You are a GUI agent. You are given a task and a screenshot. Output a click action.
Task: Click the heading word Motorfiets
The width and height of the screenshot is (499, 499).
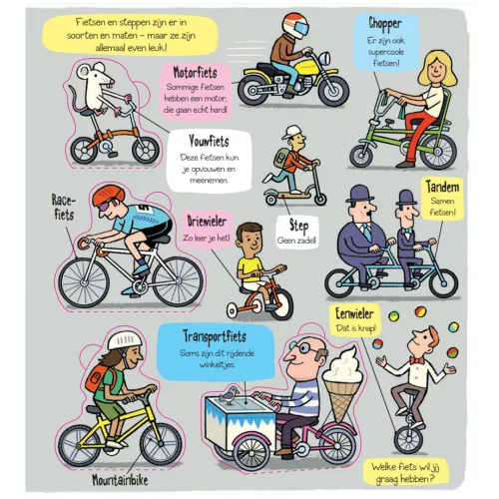coord(195,73)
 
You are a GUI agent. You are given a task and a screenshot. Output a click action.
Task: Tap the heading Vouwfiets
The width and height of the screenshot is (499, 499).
coord(209,141)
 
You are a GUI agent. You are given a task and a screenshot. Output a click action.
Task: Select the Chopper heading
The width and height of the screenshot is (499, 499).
coord(385,24)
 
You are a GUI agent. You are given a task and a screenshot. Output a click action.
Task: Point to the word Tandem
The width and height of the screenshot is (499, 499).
coord(442,187)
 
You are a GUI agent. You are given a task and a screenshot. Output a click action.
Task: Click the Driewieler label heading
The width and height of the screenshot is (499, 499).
coord(207,222)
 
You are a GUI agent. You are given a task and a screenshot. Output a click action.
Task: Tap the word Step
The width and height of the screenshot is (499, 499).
coord(298,227)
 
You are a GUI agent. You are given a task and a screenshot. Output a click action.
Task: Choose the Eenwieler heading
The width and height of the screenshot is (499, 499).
coord(354,313)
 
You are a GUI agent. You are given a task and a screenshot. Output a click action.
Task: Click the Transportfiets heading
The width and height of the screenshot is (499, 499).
coord(215,336)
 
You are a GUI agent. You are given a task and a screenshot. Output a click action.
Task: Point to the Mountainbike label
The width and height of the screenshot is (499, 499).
coord(120,480)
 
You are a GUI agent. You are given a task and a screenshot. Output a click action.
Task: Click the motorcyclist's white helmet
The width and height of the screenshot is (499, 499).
coord(295,26)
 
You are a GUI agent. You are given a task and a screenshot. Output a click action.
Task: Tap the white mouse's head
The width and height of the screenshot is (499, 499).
coord(95,74)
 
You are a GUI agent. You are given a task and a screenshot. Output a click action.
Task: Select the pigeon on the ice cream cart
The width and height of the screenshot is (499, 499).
coord(229,395)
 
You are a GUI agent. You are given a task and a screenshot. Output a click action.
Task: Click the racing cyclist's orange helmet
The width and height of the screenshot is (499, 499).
coord(108,195)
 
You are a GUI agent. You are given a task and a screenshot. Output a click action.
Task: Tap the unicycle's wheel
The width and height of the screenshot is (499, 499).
coord(408,439)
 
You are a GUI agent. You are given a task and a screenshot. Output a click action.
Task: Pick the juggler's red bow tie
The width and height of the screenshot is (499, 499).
coord(417,360)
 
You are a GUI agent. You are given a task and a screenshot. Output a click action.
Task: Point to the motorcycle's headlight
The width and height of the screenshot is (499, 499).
coord(324,59)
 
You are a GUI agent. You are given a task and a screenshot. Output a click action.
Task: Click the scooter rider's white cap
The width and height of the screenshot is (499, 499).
coord(291,132)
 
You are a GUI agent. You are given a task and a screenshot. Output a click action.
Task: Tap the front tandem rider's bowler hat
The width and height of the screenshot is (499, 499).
coord(360,194)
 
